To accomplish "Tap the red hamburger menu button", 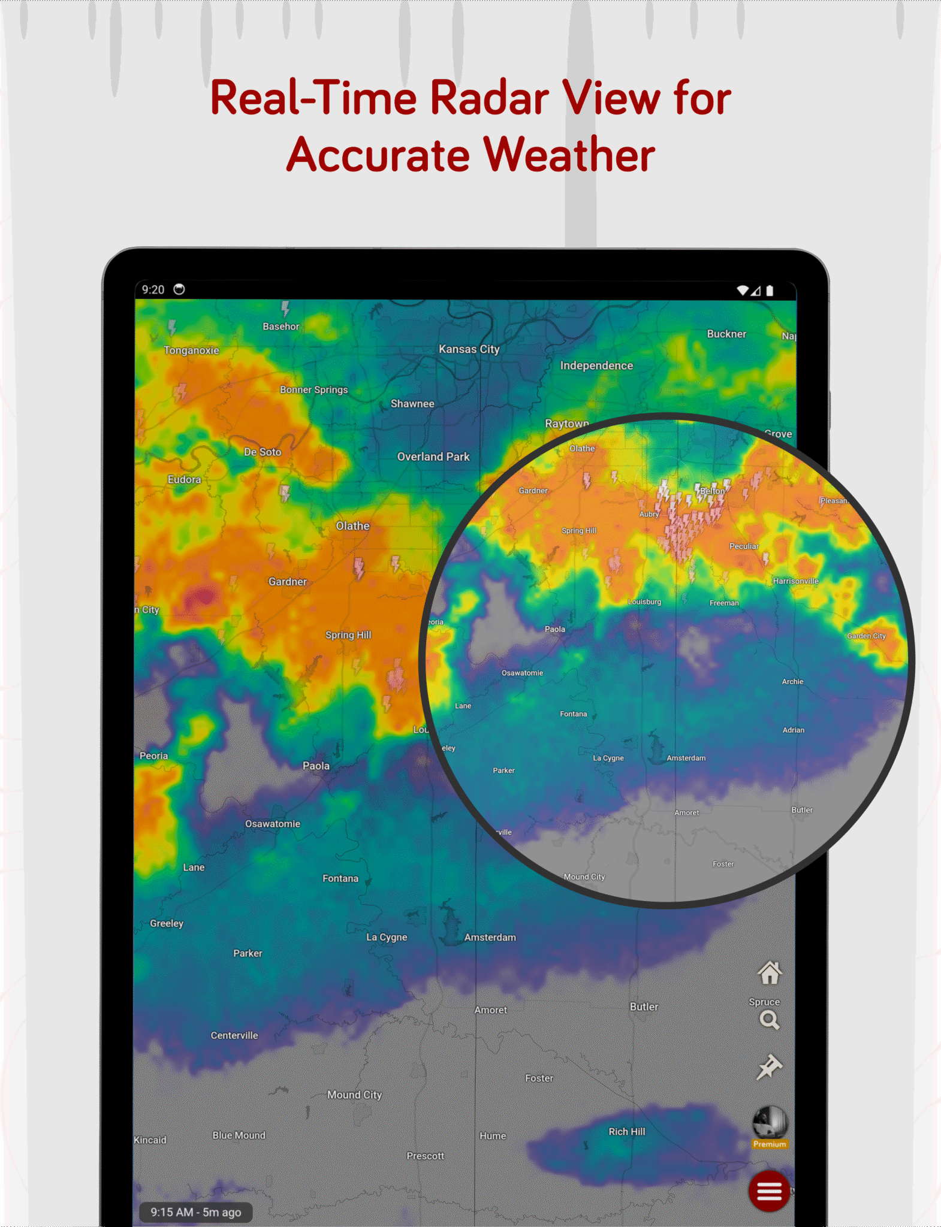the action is (x=769, y=1191).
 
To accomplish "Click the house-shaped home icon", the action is (x=770, y=973).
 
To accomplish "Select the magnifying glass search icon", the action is (x=769, y=1020).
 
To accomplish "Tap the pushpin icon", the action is (x=769, y=1067).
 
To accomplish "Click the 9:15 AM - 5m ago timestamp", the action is (x=195, y=1212).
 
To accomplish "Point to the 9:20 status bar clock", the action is (x=153, y=290).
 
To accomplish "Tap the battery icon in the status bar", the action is (x=770, y=291).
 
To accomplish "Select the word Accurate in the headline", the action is (x=379, y=155).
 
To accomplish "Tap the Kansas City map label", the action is (x=469, y=349).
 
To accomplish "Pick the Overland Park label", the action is (x=433, y=457).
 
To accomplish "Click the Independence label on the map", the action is (x=596, y=365).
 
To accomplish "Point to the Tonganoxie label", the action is (x=192, y=350).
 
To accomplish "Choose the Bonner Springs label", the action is (x=313, y=389).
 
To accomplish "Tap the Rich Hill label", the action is (x=627, y=1132).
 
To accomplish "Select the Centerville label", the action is (x=234, y=1035).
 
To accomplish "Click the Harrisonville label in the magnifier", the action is (x=795, y=581).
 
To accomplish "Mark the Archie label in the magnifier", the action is (x=792, y=682).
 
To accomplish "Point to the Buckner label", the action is (x=726, y=334).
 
